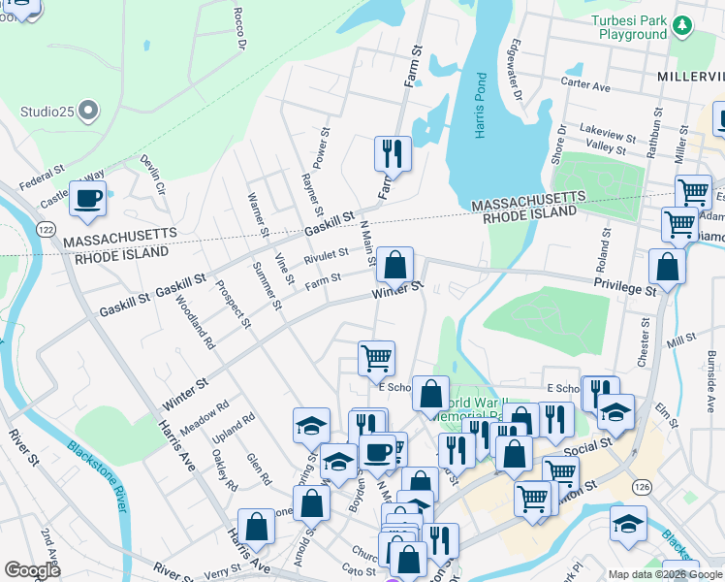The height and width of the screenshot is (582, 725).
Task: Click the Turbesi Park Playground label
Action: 632,27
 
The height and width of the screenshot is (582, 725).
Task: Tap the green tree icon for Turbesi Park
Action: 684,24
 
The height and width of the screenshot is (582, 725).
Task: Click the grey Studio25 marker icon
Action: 89,111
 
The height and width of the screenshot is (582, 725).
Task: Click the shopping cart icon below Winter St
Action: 376,357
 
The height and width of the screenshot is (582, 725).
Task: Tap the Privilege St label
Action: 624,283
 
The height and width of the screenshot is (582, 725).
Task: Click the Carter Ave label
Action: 585,85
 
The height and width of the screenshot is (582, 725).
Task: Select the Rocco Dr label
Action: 240,30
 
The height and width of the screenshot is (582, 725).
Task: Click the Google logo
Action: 33,570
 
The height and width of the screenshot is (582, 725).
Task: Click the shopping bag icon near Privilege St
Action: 667,265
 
